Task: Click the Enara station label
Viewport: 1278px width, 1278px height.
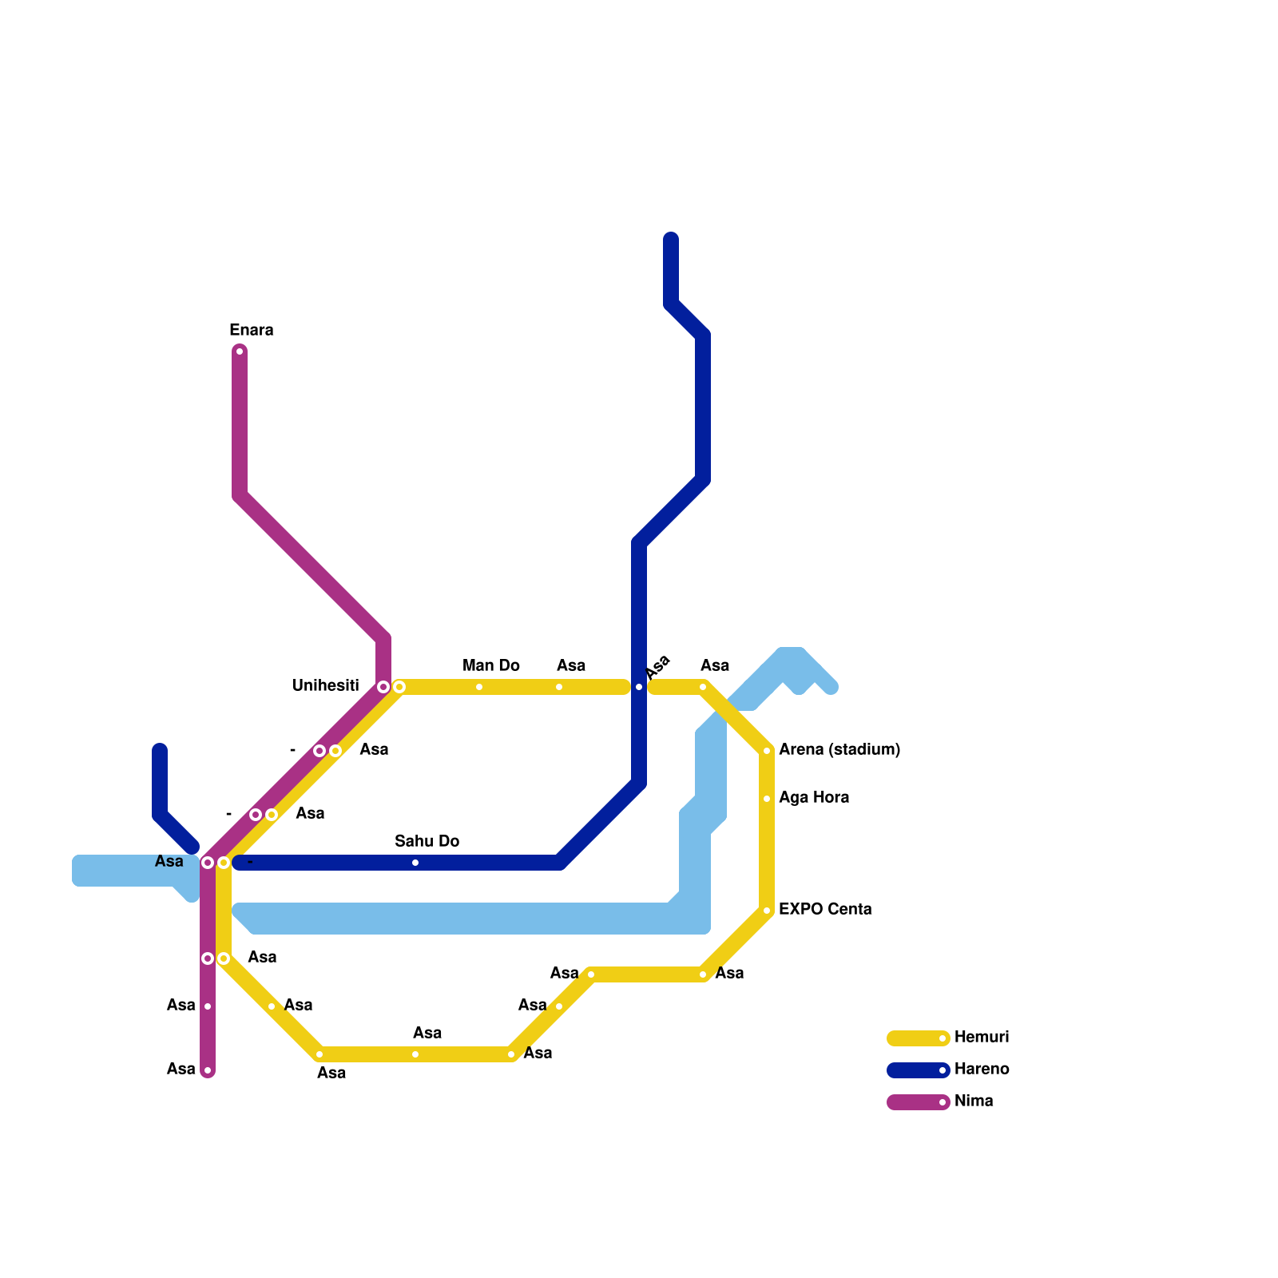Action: coord(251,331)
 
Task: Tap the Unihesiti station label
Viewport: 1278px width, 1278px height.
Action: coord(325,686)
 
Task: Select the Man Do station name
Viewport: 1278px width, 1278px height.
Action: coord(490,666)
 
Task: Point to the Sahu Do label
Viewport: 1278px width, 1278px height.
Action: coord(427,842)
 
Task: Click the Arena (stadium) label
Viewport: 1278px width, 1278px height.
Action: coord(839,750)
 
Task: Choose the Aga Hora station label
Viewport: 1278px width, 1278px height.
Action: coord(813,798)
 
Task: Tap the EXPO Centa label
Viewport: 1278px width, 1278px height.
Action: coord(824,910)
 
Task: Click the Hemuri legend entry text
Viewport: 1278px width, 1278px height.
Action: coord(981,1038)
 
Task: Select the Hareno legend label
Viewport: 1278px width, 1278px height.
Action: coord(981,1070)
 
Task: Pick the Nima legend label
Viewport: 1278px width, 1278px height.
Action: coord(973,1101)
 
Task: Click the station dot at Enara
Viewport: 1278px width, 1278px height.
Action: coord(240,351)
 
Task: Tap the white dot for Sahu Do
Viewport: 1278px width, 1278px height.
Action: coord(415,863)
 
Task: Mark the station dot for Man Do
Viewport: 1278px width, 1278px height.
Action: coord(479,687)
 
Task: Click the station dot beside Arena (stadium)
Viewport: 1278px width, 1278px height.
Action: coord(767,751)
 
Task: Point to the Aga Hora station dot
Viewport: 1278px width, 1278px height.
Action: coord(767,799)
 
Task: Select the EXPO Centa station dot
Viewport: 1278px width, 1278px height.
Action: coord(767,911)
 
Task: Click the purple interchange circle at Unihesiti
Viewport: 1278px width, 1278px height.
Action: coord(383,687)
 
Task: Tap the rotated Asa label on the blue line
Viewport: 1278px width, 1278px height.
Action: coord(658,668)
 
